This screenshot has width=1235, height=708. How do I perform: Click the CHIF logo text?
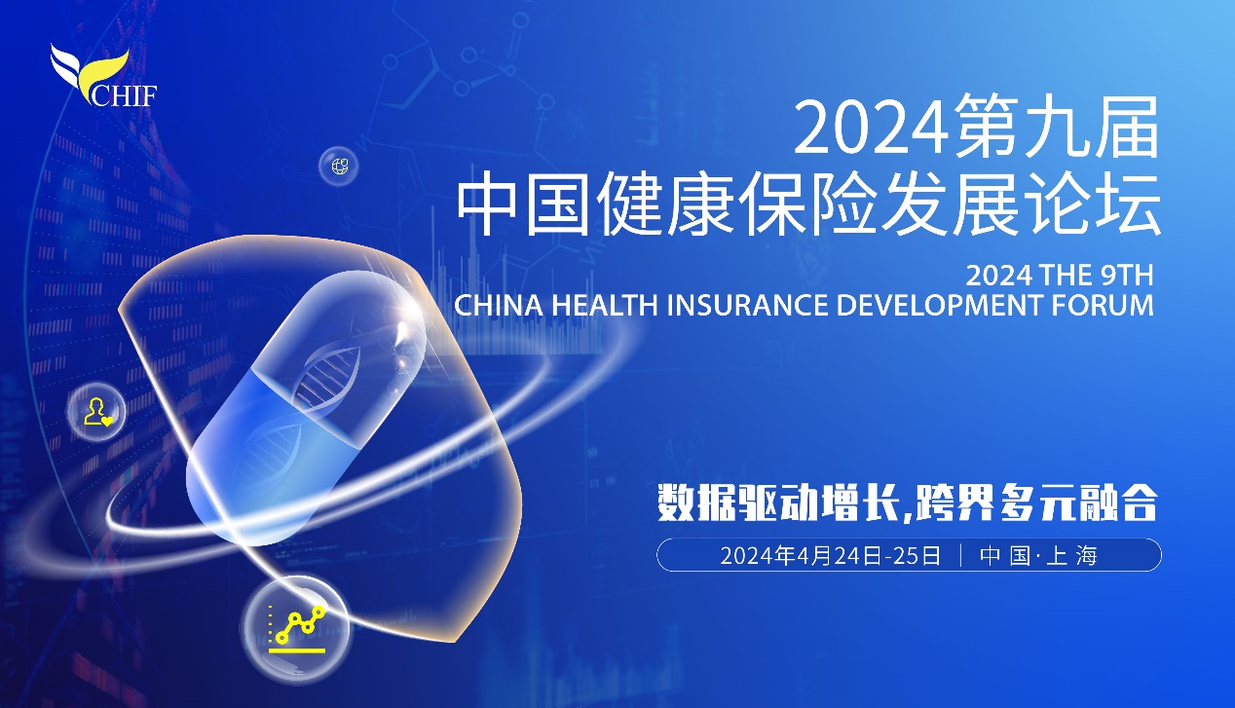124,94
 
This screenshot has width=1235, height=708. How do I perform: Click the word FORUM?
1103,306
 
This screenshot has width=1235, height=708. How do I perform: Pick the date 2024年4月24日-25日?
830,555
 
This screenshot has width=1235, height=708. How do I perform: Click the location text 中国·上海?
1038,555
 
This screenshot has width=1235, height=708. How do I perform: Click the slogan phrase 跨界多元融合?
1032,503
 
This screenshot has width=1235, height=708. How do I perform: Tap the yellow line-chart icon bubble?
297,630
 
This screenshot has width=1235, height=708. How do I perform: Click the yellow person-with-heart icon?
98,411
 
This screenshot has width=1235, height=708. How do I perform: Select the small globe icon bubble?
339,166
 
